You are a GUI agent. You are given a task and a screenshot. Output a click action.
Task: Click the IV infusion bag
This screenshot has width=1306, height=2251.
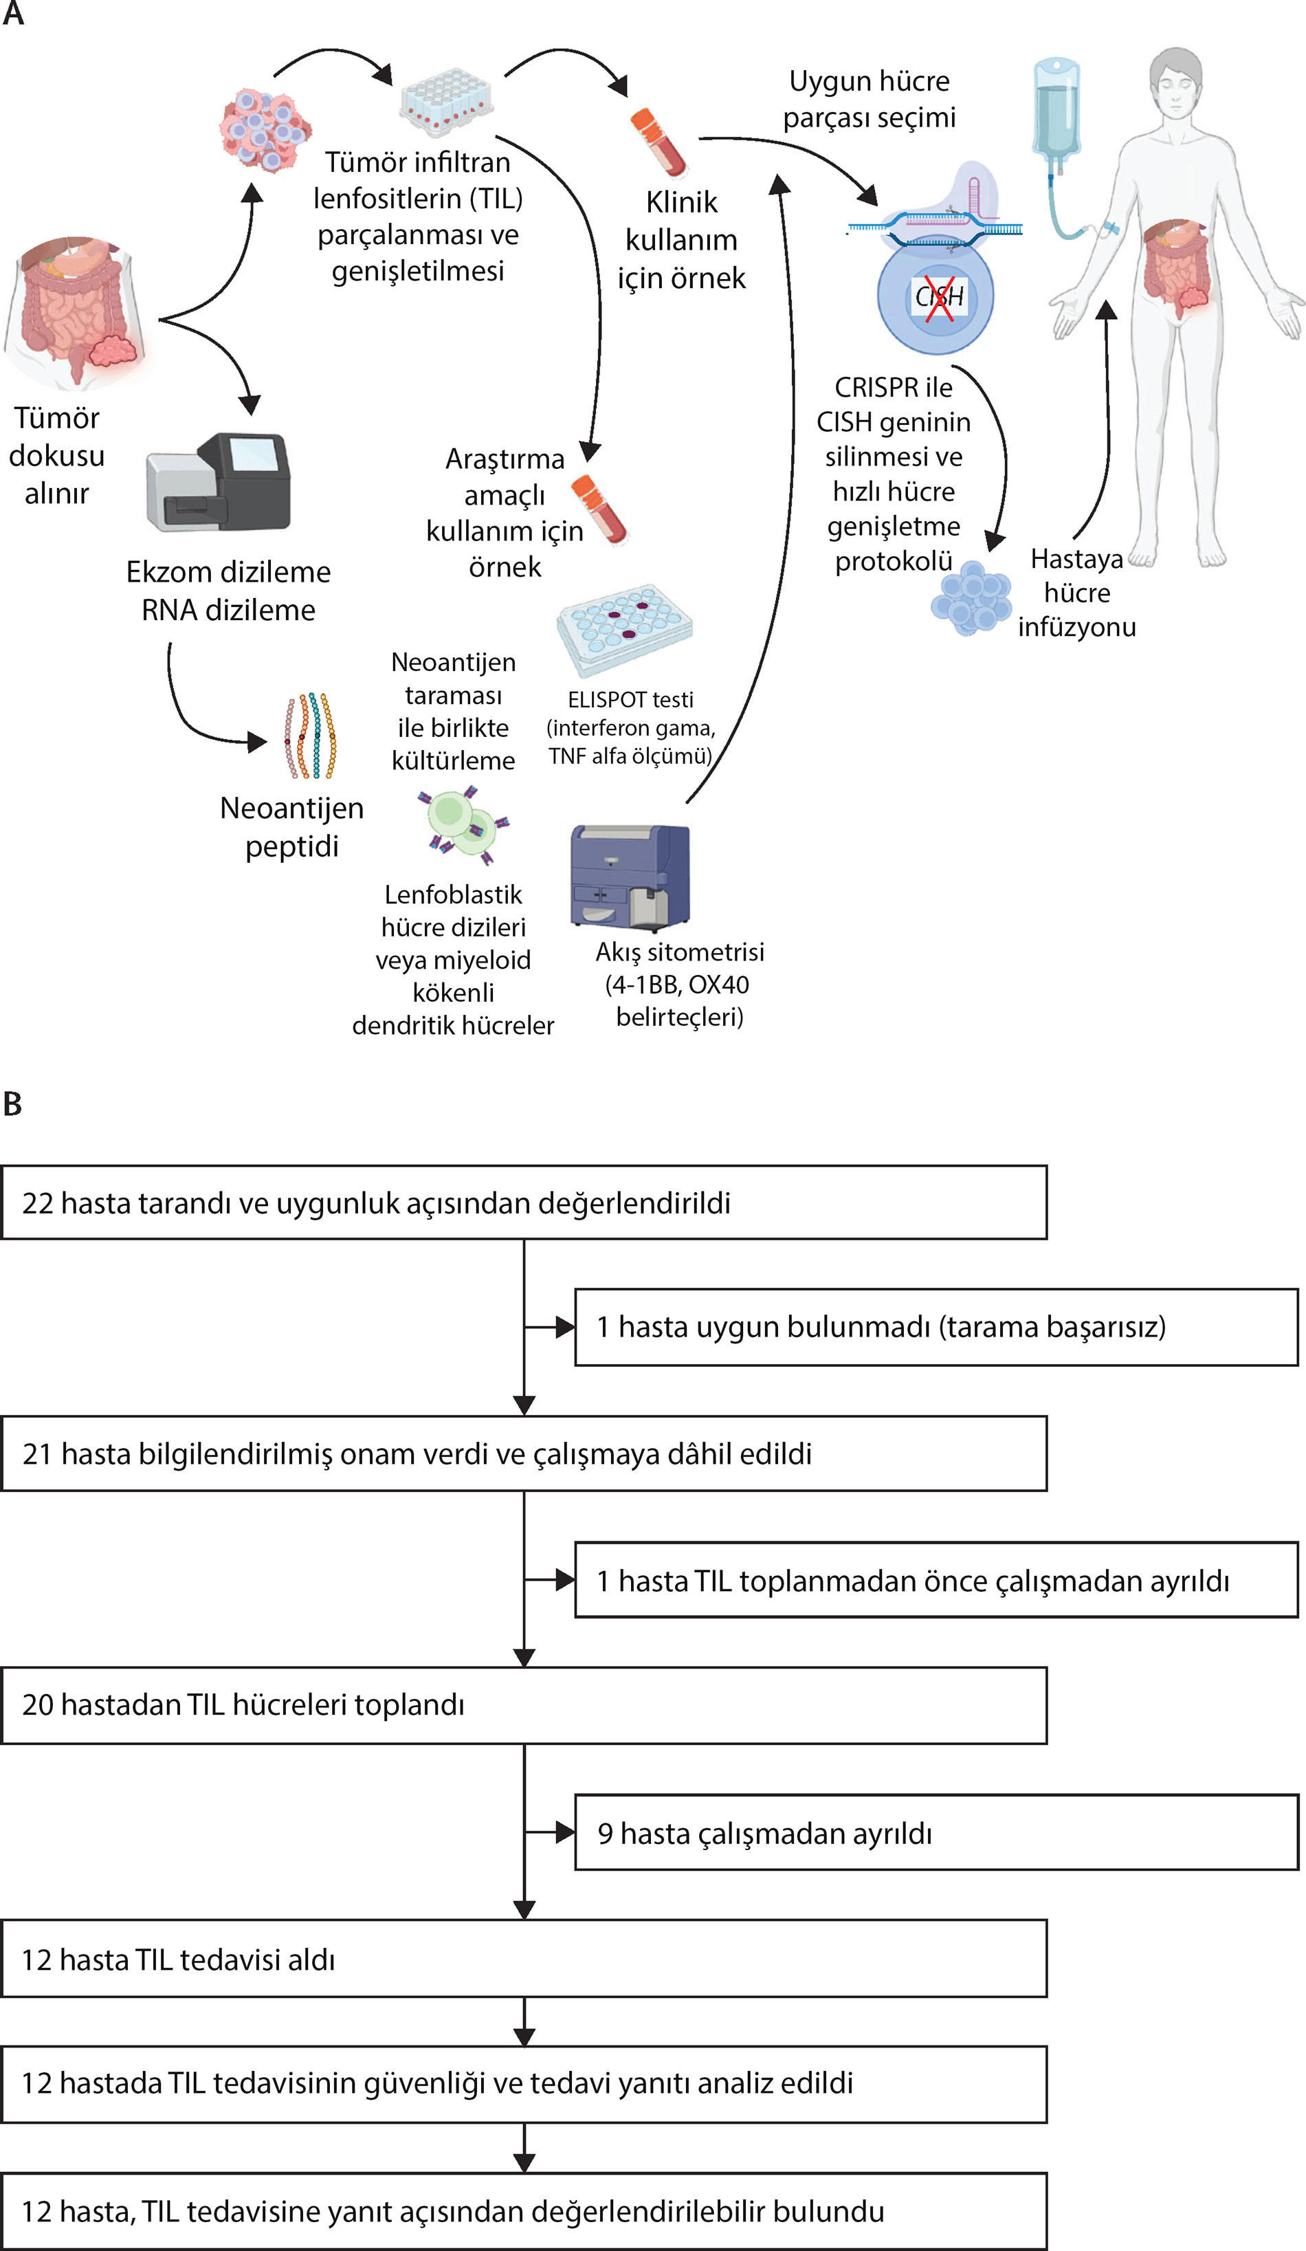point(1056,111)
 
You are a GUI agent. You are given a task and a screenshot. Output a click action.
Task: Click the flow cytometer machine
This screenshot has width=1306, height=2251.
point(630,875)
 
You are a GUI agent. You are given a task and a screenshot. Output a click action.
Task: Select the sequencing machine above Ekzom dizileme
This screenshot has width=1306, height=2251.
point(218,483)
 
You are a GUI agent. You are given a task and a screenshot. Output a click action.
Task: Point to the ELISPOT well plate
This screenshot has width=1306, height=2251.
point(624,630)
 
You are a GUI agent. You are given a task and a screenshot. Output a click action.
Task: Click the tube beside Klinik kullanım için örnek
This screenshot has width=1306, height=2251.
point(658,143)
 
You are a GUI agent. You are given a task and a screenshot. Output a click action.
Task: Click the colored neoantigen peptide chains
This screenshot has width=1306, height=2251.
point(310,735)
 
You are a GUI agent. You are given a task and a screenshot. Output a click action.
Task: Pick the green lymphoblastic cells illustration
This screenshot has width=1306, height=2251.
point(463,824)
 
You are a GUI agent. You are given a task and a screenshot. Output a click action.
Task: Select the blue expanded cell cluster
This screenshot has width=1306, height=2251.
point(971,597)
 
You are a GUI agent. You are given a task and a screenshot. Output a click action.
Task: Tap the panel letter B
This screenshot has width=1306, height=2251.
point(12,1105)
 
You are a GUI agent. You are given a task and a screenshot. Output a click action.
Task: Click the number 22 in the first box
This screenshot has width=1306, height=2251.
point(38,1203)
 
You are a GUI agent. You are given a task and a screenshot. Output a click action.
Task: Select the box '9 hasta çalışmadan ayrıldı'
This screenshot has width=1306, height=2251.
point(936,1833)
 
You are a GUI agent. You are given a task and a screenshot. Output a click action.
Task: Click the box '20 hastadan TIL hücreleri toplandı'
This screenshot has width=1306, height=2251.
point(524,1704)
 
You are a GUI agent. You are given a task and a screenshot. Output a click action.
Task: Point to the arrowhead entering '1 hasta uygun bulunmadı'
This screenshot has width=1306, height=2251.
point(566,1328)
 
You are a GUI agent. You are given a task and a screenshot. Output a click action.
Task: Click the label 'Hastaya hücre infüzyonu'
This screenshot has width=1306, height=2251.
point(1077,592)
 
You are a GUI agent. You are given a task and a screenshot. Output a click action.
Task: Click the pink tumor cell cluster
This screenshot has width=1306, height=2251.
point(265,129)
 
